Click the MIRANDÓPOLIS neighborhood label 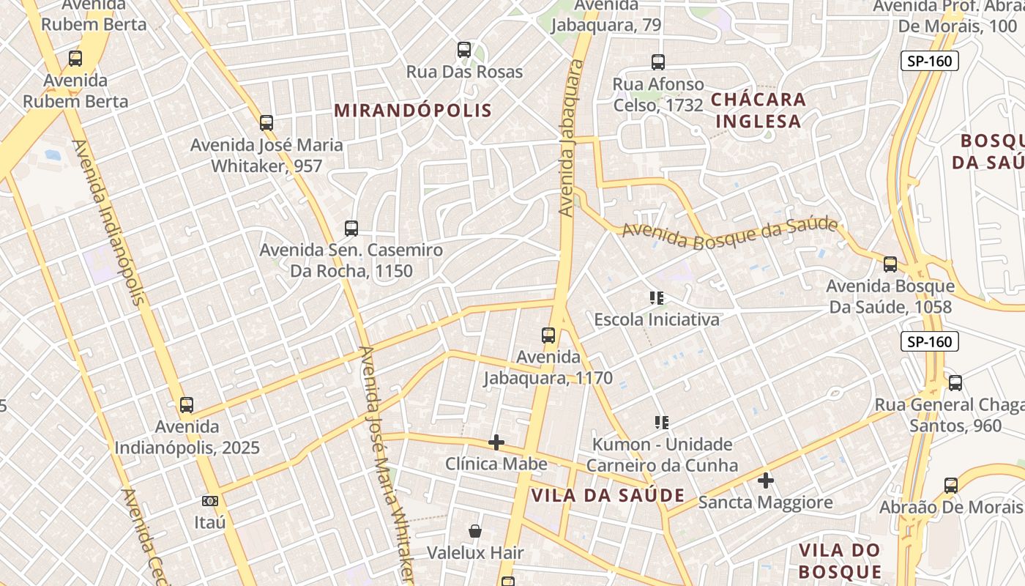point(413,111)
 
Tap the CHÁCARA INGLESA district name point(758,110)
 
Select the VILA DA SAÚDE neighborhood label point(608,495)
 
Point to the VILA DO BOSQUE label point(839,561)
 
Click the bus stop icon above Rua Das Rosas point(464,50)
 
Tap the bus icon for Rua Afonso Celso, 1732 point(658,62)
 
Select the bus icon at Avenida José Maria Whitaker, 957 point(266,123)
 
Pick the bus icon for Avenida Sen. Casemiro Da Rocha point(351,228)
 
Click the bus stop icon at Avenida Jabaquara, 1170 point(548,335)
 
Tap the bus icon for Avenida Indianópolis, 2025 point(187,405)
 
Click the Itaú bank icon point(210,501)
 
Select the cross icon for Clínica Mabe point(496,442)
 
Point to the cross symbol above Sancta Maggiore point(766,481)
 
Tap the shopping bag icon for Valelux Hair point(475,530)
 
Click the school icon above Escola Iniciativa point(657,298)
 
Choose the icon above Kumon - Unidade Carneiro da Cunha point(662,423)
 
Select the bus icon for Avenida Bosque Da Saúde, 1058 point(890,264)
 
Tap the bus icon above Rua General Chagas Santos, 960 point(955,383)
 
